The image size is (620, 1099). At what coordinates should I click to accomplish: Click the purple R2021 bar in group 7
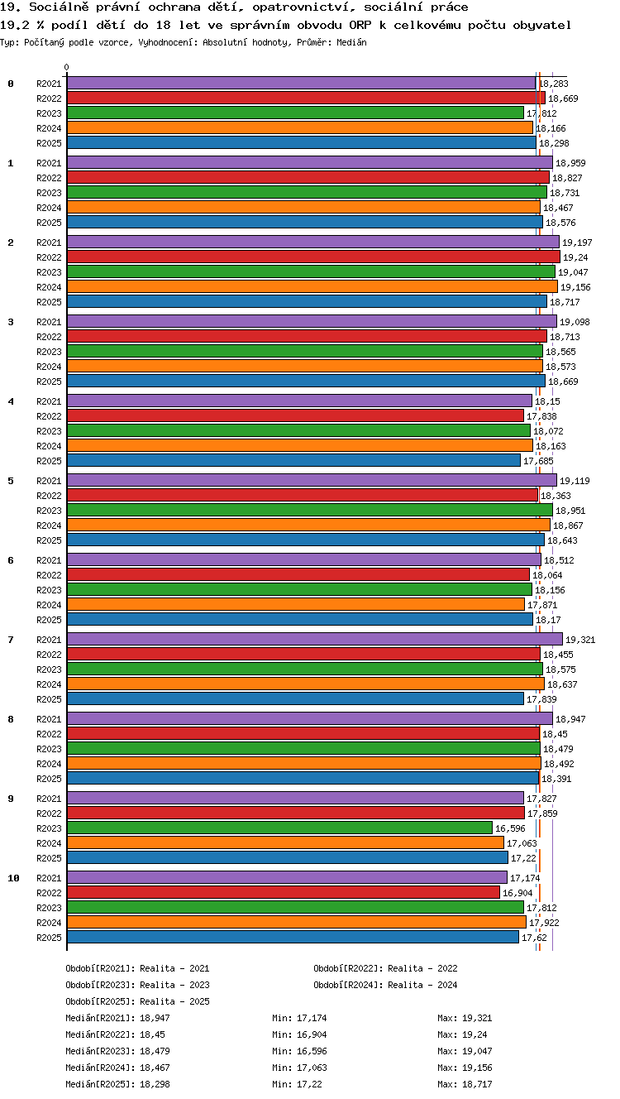point(315,639)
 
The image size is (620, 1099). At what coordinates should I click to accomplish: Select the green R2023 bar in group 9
point(279,828)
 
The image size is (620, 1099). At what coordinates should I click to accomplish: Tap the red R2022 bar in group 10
point(284,892)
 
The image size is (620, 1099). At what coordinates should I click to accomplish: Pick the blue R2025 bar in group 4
point(293,461)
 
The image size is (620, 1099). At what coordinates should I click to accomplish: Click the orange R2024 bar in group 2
point(312,287)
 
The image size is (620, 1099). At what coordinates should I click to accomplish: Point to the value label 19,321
point(580,640)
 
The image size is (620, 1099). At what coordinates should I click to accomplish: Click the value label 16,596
point(510,828)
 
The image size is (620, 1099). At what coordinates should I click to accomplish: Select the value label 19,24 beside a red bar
point(575,257)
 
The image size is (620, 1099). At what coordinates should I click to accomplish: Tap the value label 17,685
point(538,461)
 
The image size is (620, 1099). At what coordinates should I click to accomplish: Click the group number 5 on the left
point(11,481)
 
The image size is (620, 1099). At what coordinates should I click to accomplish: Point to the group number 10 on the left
point(13,878)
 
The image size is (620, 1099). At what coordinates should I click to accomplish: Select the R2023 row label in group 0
point(49,113)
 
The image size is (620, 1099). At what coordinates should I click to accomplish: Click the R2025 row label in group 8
point(49,779)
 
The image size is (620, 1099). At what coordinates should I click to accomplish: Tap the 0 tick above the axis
point(67,67)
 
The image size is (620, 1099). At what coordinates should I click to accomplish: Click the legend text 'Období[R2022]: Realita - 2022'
point(385,968)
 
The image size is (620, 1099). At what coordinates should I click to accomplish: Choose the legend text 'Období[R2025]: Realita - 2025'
point(137,1001)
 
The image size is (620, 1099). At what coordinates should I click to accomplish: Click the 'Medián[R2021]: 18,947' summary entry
point(117,1018)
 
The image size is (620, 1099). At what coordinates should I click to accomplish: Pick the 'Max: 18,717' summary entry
point(465,1084)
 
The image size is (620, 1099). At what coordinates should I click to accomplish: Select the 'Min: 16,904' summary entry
point(299,1034)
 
